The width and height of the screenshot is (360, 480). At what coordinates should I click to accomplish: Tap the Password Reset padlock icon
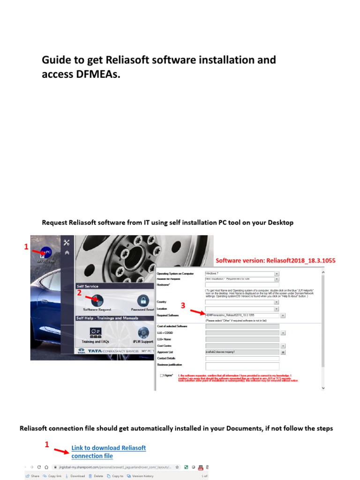142,300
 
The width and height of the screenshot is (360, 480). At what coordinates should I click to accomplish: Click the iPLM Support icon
142,332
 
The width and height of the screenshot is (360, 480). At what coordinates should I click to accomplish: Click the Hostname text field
242,284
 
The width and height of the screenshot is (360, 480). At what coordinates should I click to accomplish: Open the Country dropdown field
242,302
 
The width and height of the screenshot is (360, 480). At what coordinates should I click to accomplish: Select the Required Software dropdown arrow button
283,315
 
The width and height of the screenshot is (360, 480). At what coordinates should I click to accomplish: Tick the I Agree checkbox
162,375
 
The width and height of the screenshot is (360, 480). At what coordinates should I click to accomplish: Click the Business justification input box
242,366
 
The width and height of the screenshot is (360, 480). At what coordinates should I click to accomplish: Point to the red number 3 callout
183,305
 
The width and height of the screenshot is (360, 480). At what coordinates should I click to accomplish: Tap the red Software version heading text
275,260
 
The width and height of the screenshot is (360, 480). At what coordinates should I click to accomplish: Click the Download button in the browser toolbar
75,476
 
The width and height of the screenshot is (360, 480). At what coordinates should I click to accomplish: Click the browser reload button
45,467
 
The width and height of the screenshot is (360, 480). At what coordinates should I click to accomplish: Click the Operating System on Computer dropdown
242,273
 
